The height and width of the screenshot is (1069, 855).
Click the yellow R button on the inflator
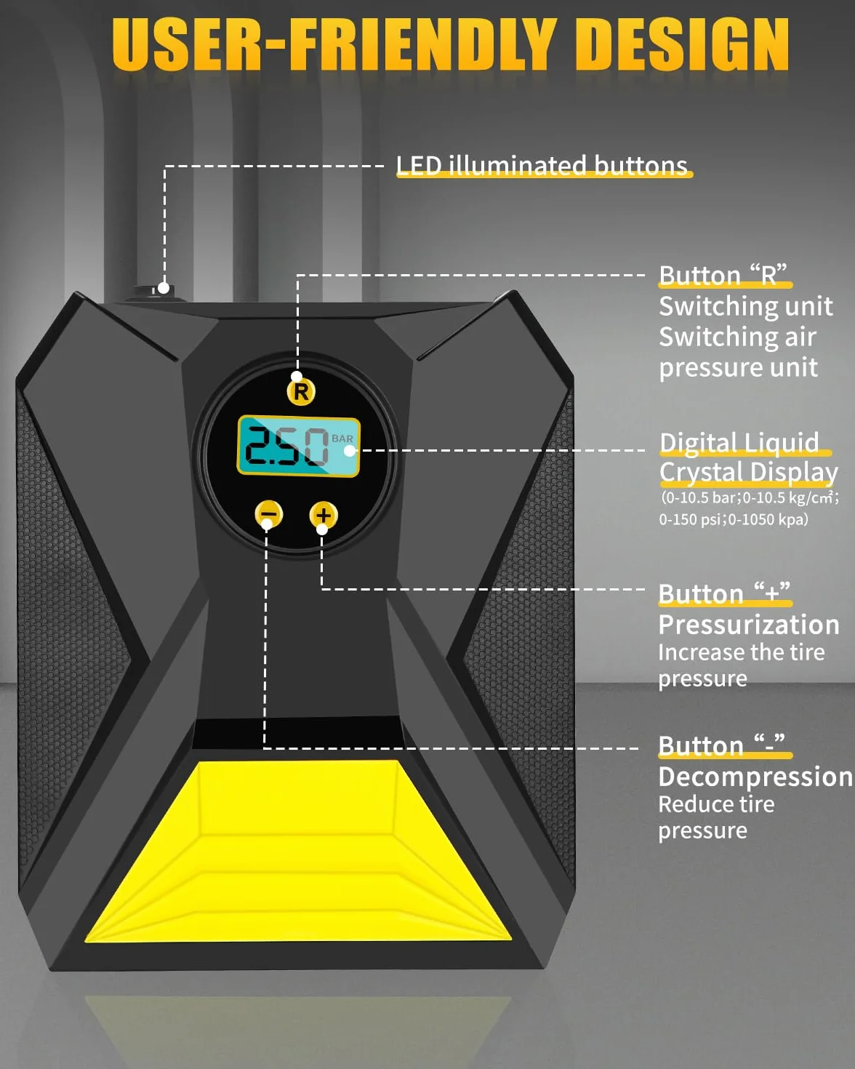301,391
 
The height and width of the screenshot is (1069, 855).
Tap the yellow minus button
269,514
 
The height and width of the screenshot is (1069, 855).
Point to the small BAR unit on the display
342,439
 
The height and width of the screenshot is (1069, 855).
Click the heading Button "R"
723,275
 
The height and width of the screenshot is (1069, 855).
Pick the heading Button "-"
721,745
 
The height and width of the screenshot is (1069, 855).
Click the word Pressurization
749,625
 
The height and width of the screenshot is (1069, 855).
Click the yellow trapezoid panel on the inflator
298,850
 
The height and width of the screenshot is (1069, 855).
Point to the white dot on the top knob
164,288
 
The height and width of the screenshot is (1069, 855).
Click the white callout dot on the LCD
350,451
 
